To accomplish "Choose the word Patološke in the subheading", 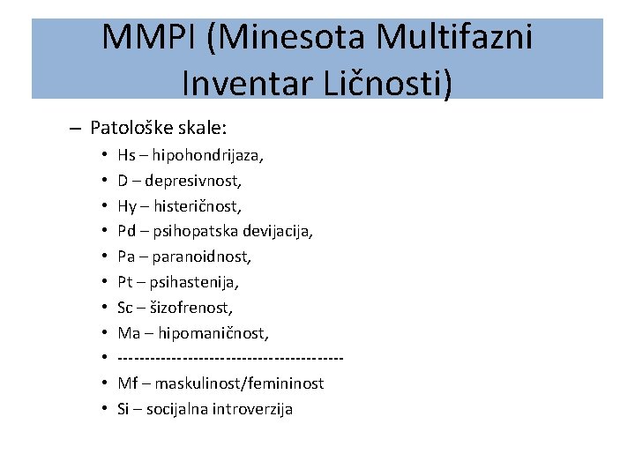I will [123, 128].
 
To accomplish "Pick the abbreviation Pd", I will [126, 232].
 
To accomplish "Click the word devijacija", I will [280, 232].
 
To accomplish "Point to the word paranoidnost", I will [201, 257].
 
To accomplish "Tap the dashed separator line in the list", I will [229, 359].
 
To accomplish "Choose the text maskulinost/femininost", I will [239, 384].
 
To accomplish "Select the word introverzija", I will [252, 410].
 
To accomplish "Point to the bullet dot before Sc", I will [104, 309].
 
